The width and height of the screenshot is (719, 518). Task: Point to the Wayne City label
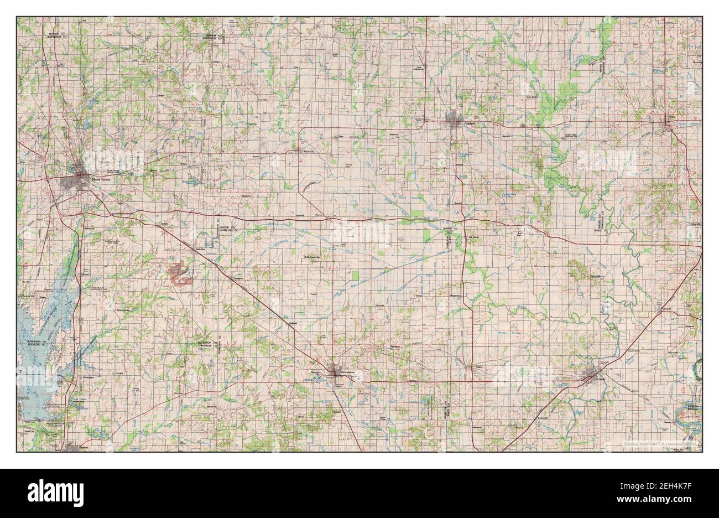pyautogui.click(x=308, y=150)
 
